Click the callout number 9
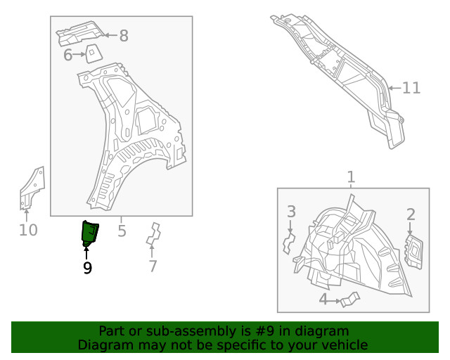(x=87, y=267)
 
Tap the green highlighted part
(x=90, y=233)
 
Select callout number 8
(x=124, y=35)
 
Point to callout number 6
(x=68, y=55)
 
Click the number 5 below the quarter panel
(x=122, y=230)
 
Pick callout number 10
(x=28, y=230)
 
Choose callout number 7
(x=153, y=266)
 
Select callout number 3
(x=291, y=212)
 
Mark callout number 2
(x=411, y=214)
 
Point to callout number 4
(x=323, y=300)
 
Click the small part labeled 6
(x=91, y=53)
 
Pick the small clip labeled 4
(x=348, y=300)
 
